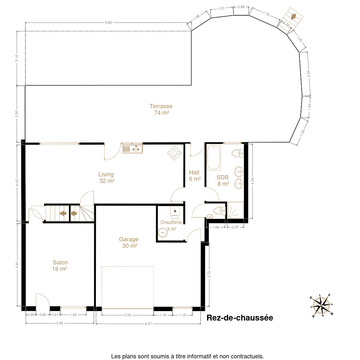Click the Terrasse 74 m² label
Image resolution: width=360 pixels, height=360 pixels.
tap(161, 110)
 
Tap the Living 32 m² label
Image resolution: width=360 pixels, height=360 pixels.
tap(106, 178)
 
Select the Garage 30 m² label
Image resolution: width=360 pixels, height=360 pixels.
tap(129, 243)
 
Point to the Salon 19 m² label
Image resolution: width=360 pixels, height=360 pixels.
tap(60, 266)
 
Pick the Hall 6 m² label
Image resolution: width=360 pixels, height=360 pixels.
tap(195, 176)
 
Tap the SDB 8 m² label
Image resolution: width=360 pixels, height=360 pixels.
tap(223, 180)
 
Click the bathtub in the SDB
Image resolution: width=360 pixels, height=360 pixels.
tap(214, 157)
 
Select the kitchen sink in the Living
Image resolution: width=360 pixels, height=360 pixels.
tap(133, 149)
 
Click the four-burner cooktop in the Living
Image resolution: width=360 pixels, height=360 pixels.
tap(174, 153)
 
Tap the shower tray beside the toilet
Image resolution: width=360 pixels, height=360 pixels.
tap(235, 210)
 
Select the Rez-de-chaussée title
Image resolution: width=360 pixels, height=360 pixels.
tap(240, 318)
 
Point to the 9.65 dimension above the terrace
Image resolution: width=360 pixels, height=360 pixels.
tap(108, 22)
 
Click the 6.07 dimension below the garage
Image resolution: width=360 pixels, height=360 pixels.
tap(148, 324)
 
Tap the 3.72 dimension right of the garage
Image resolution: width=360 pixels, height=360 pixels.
tap(209, 274)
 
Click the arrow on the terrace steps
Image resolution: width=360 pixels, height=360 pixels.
tap(293, 17)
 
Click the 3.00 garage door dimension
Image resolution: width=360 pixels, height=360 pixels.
tap(127, 315)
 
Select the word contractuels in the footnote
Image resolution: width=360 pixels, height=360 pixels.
tap(247, 356)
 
